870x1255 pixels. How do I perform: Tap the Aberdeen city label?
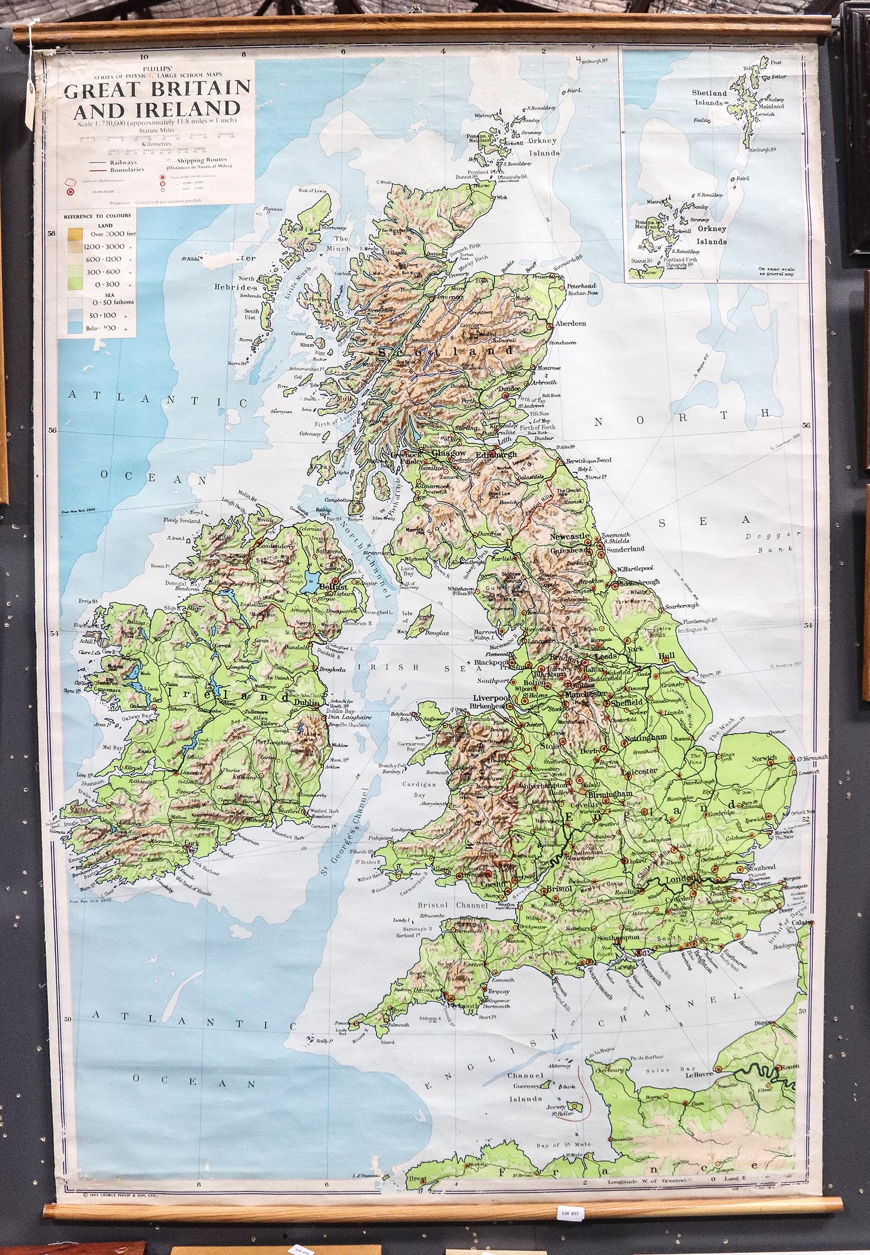coord(570,323)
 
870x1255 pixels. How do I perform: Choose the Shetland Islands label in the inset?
coord(709,97)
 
